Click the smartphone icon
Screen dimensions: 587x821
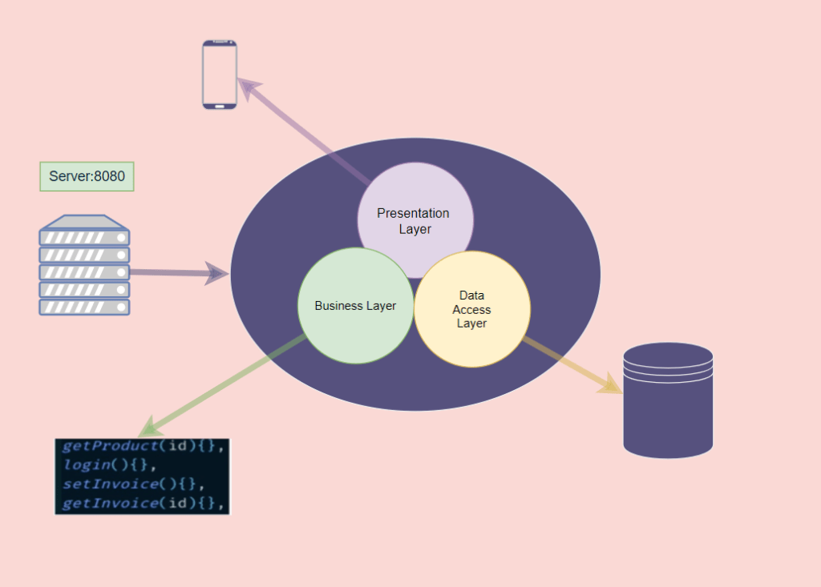click(219, 74)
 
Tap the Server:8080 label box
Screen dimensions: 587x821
click(87, 176)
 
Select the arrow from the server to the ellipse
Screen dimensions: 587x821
click(176, 273)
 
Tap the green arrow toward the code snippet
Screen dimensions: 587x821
click(224, 385)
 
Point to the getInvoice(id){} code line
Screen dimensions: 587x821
click(141, 503)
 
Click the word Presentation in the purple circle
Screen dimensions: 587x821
click(413, 213)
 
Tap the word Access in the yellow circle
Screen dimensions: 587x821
click(471, 310)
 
